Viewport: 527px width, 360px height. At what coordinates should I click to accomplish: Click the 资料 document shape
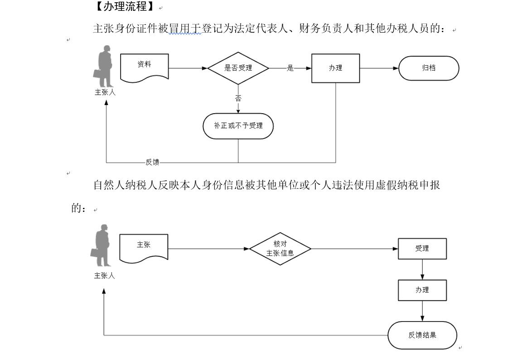145,67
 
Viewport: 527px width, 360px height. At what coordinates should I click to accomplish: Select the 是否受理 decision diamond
238,68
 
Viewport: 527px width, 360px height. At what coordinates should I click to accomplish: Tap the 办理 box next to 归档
335,68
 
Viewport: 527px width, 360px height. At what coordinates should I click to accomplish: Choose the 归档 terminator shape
429,68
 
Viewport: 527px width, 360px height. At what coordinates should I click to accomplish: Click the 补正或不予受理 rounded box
238,126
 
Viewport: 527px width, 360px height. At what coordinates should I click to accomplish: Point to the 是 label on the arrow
290,68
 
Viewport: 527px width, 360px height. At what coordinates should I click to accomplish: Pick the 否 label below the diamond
238,98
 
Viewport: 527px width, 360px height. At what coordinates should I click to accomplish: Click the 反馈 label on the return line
152,162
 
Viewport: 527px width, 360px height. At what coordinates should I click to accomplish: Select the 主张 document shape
144,247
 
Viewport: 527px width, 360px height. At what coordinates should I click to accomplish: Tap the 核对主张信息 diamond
280,249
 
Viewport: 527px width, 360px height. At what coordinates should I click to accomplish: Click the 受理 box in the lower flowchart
422,249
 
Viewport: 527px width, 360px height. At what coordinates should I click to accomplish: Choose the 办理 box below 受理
422,290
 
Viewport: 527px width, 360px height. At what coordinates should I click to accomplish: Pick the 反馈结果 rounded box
422,335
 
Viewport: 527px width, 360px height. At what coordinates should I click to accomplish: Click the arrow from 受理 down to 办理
422,269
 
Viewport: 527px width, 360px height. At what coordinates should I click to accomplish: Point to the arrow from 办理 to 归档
379,68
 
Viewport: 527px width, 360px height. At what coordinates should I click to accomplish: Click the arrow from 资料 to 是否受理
188,68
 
